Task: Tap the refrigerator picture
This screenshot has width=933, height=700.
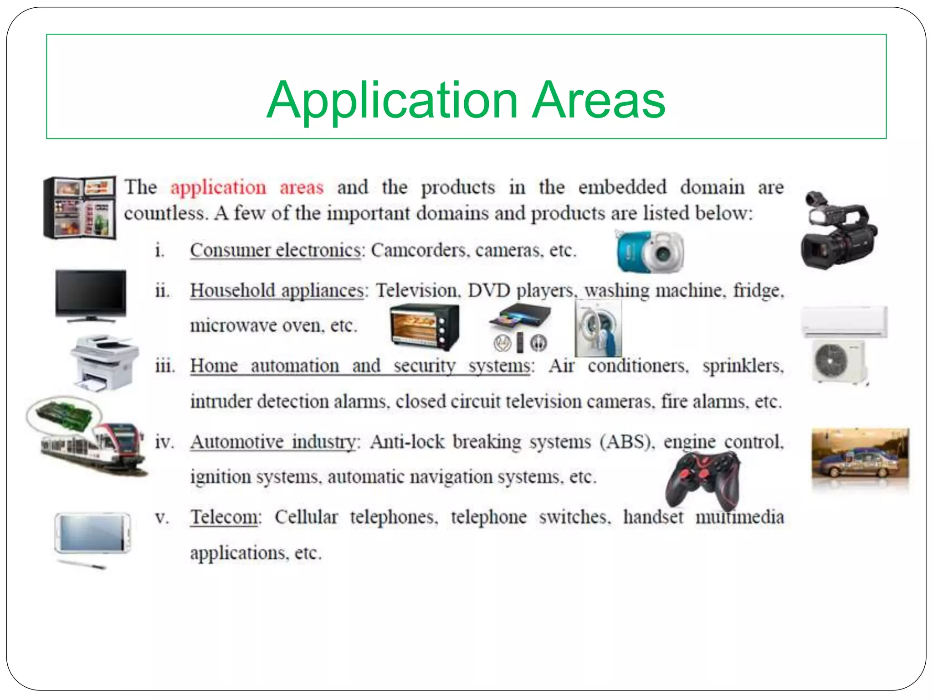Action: click(x=80, y=207)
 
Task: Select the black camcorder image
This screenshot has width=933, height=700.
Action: click(x=838, y=232)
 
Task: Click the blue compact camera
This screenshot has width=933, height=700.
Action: click(x=650, y=252)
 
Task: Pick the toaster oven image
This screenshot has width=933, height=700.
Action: click(x=425, y=326)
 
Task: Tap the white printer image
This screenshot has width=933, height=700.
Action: click(x=104, y=362)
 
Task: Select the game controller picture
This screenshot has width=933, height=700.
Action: click(x=703, y=481)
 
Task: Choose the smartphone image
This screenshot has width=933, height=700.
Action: click(x=92, y=533)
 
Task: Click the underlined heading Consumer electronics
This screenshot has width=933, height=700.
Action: click(x=276, y=250)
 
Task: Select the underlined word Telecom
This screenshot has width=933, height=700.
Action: click(x=225, y=517)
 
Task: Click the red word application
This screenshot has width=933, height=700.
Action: click(x=218, y=187)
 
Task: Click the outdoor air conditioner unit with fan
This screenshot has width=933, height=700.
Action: click(x=839, y=361)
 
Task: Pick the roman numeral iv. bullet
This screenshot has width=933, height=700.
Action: click(x=164, y=442)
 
